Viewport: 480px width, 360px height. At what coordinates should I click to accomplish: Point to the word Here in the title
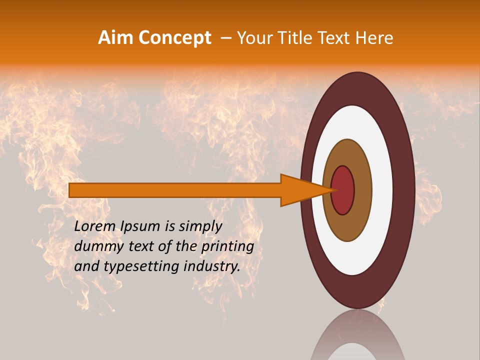pos(374,38)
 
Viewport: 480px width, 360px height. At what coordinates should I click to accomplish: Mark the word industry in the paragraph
pos(211,266)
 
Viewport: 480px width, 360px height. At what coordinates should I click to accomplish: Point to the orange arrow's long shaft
pos(175,190)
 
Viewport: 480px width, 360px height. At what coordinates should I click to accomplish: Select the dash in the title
pos(225,38)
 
